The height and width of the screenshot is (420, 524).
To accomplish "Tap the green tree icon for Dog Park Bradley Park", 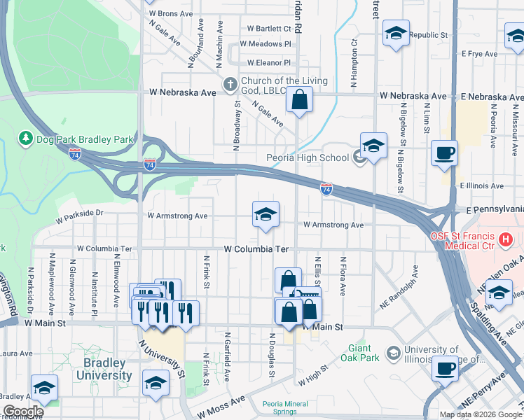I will click(x=27, y=139).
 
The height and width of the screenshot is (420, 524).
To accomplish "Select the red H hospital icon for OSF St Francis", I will click(x=504, y=241).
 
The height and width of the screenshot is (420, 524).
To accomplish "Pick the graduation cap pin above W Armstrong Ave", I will click(x=266, y=215).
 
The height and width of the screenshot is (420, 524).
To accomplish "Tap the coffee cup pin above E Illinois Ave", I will click(x=444, y=153).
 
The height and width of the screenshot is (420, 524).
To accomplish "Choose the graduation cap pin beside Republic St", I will click(x=396, y=34).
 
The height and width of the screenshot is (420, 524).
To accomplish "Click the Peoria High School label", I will click(x=308, y=157).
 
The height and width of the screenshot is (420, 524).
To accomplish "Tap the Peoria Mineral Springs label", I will click(x=284, y=407).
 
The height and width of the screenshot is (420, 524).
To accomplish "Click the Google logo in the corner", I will click(x=22, y=412).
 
